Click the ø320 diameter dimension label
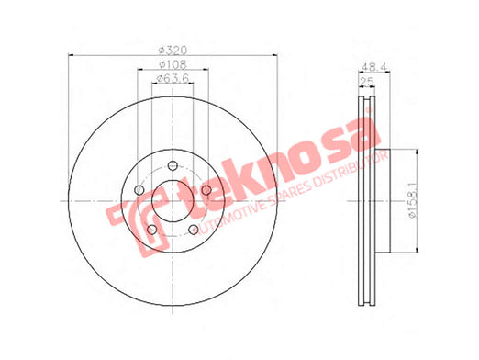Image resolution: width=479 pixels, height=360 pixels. [173, 50]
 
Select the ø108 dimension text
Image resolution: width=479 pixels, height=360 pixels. [173, 64]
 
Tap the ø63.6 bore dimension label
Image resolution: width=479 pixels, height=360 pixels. [173, 79]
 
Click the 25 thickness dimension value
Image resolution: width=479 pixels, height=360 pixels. [367, 82]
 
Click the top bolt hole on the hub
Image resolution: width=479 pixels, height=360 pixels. [173, 165]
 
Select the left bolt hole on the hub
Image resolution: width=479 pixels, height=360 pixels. [139, 190]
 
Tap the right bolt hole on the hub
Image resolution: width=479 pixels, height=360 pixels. [206, 190]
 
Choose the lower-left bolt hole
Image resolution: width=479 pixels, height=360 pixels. [152, 230]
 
